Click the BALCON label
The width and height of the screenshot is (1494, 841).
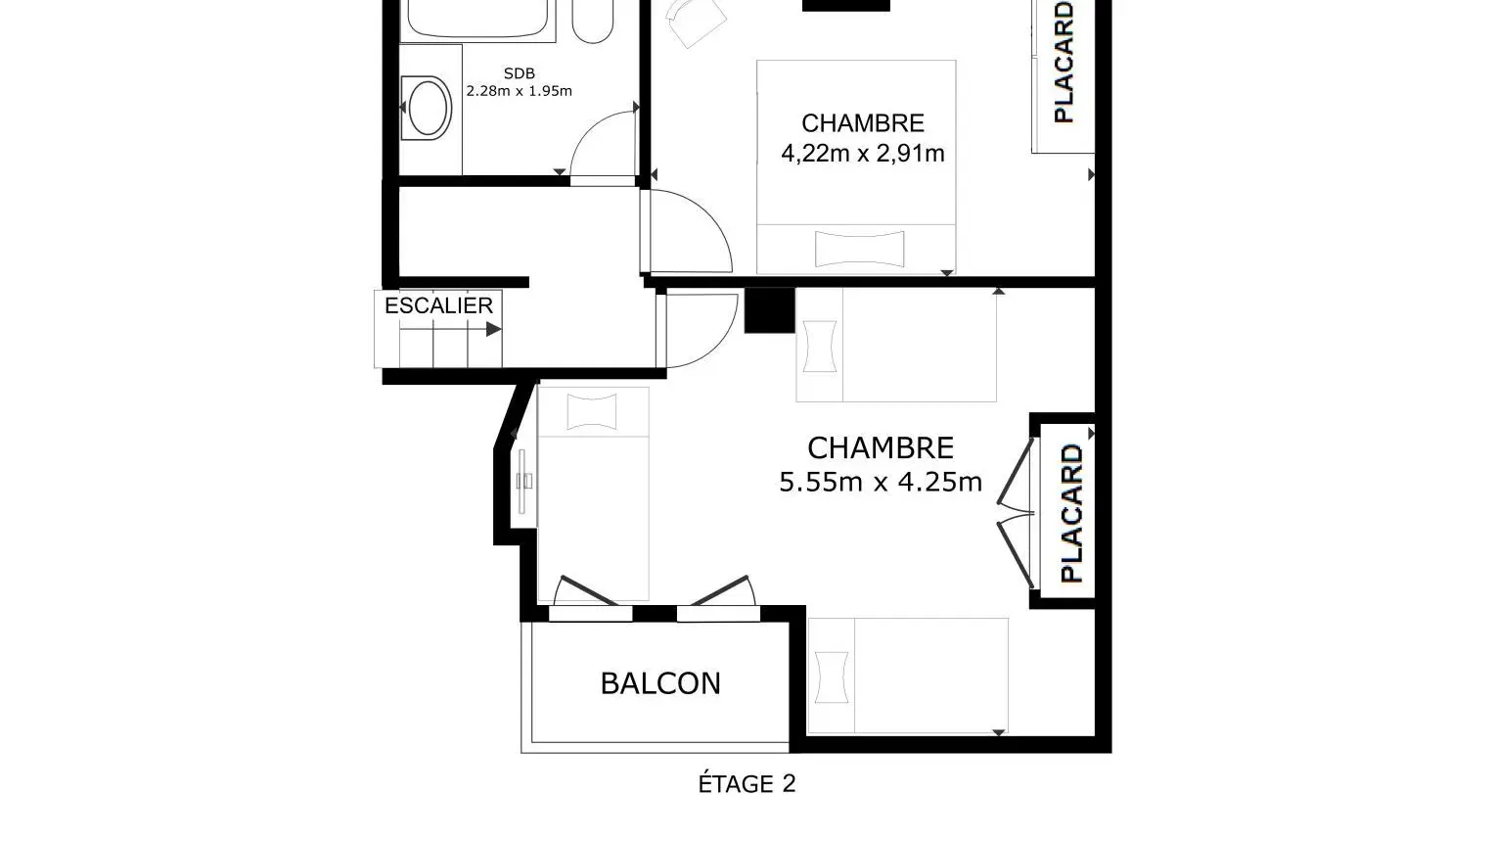[660, 683]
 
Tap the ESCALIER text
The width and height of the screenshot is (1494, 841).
[439, 305]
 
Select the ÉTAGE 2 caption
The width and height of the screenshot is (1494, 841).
[747, 783]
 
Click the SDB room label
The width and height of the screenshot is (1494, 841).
[519, 73]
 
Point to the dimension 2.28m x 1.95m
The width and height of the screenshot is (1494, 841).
[519, 91]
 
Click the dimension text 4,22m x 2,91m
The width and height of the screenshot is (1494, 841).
[863, 154]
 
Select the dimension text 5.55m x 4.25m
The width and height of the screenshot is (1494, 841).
[881, 482]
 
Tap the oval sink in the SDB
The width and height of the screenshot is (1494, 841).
[427, 108]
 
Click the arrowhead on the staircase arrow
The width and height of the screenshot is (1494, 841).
[493, 329]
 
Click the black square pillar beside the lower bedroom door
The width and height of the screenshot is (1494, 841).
[770, 309]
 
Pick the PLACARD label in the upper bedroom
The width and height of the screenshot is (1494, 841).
[1064, 62]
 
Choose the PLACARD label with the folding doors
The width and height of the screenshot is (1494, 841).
[1071, 513]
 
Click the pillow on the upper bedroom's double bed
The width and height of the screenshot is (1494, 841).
[860, 249]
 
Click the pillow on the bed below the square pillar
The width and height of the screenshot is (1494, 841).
[820, 347]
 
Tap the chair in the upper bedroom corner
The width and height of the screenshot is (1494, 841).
[696, 22]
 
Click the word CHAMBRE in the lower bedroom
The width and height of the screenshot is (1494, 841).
[881, 447]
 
